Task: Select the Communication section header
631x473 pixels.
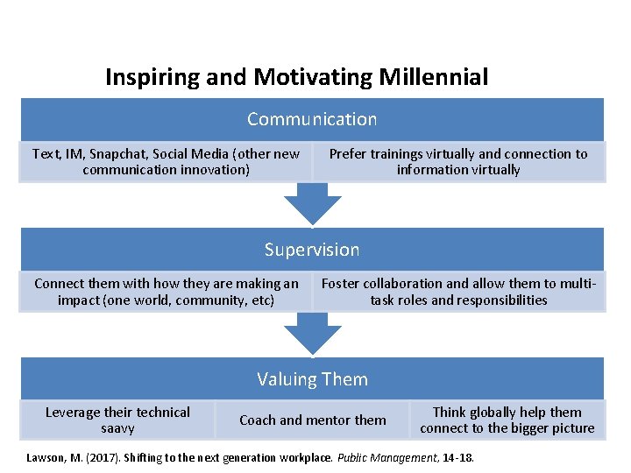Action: click(x=312, y=119)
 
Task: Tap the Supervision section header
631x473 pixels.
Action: click(x=312, y=250)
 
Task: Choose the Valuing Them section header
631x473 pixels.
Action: click(x=312, y=379)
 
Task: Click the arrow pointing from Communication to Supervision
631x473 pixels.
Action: click(x=313, y=204)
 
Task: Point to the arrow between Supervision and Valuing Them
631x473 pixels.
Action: click(x=313, y=334)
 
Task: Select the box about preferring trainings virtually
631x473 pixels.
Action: click(x=458, y=162)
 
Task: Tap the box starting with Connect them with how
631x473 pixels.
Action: click(x=166, y=292)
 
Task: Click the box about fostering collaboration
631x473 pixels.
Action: click(x=458, y=292)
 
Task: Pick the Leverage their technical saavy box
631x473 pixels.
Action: click(x=117, y=420)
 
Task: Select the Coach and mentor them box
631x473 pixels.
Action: click(x=313, y=420)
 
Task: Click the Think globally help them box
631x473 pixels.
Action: click(x=507, y=420)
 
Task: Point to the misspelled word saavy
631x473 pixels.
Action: click(x=117, y=429)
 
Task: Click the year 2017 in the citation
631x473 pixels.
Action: click(x=88, y=456)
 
